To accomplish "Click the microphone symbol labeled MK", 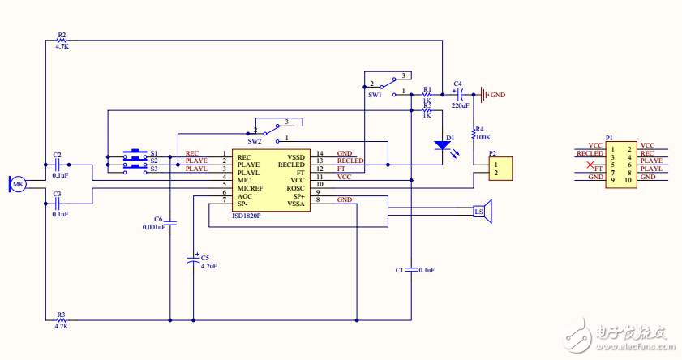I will (17, 185).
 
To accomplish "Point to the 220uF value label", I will (460, 106).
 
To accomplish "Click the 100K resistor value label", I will (483, 137).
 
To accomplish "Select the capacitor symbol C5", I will (193, 259).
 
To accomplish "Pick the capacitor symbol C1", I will (411, 268).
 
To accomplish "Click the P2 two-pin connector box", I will (497, 168).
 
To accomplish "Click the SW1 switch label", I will (375, 96).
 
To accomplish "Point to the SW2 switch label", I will (255, 141).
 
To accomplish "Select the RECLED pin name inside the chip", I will (291, 165).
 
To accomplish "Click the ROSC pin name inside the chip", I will (295, 188).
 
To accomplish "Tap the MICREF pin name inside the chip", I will (251, 188).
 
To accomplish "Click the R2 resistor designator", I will (62, 36).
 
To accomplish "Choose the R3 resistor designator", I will (62, 314).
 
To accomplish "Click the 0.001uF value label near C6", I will (154, 227).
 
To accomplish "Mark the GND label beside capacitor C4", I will (497, 95).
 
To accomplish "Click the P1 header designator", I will (609, 138).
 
